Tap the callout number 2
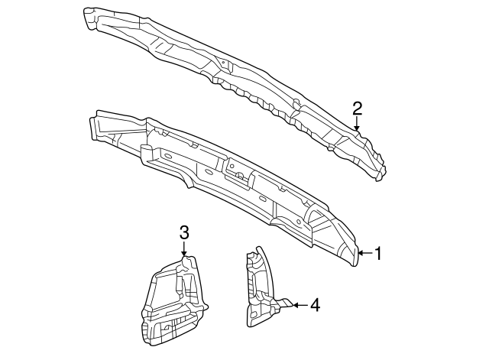tap(357, 108)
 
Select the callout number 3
tap(183, 232)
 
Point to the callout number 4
tap(314, 305)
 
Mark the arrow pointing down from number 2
tap(357, 122)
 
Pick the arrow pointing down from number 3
tap(183, 248)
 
